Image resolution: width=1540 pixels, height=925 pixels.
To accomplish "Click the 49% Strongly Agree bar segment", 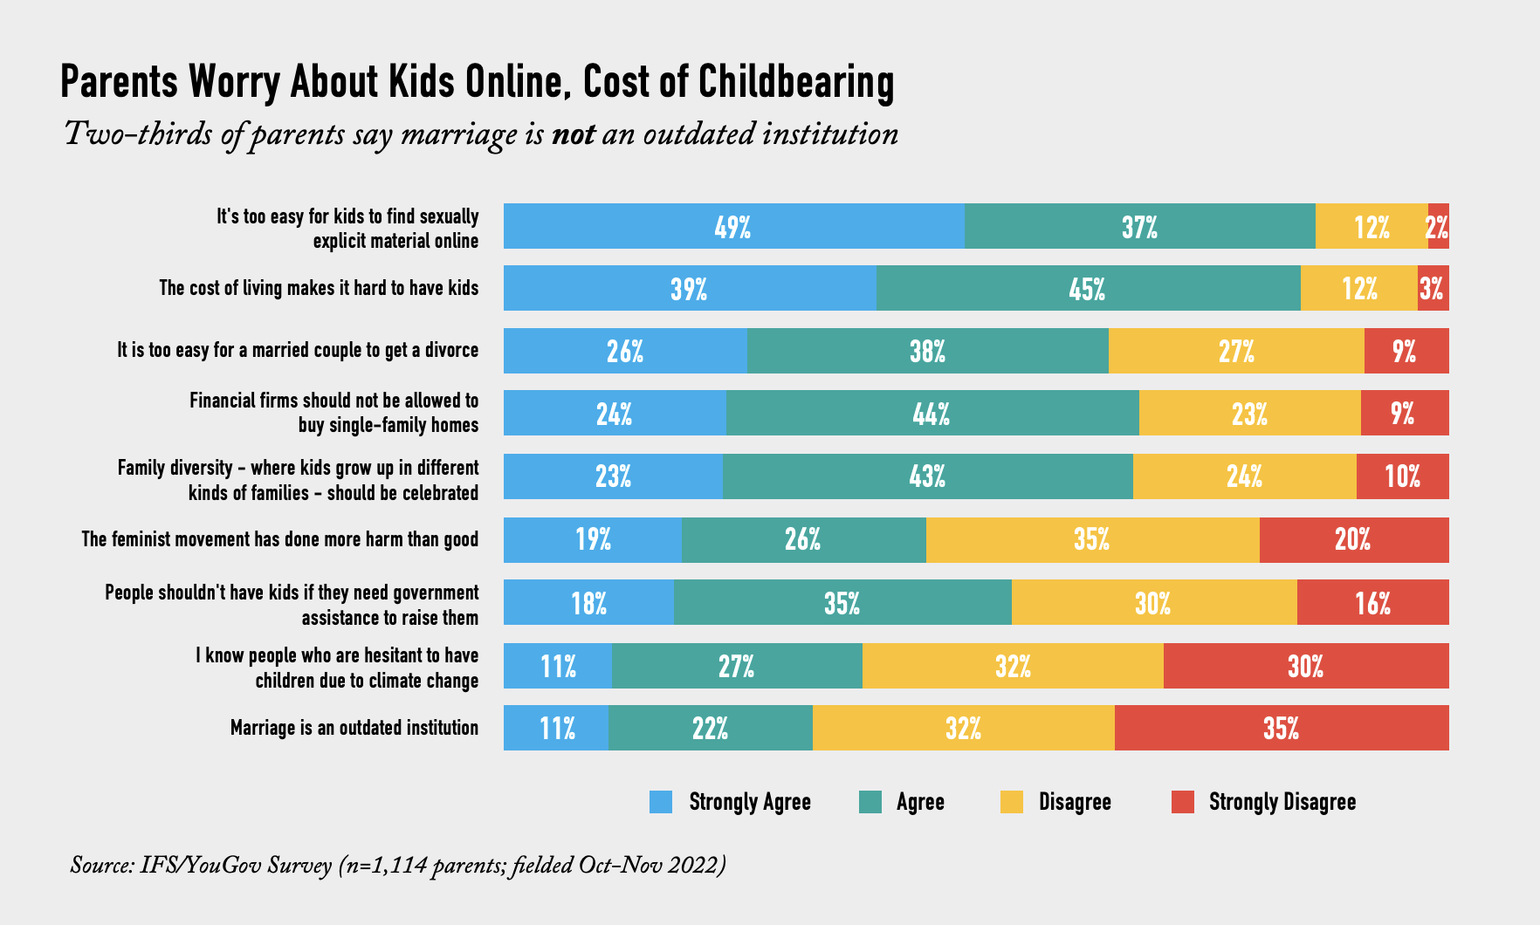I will pyautogui.click(x=733, y=227).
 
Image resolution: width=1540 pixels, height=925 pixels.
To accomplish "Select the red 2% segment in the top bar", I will pyautogui.click(x=1438, y=227).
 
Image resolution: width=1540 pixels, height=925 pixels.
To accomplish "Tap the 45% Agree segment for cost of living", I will pyautogui.click(x=1088, y=289).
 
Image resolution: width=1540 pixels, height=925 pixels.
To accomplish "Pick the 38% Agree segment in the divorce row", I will pyautogui.click(x=927, y=351).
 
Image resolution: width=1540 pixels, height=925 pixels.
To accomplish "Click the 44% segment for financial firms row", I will pyautogui.click(x=932, y=414).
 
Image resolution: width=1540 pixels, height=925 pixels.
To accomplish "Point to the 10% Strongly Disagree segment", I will pyautogui.click(x=1402, y=476).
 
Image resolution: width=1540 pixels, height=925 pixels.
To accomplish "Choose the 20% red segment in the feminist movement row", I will pyautogui.click(x=1353, y=539).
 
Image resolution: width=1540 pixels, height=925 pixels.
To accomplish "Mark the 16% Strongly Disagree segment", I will pyautogui.click(x=1372, y=602).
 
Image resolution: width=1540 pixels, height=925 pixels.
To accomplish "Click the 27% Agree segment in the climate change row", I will pyautogui.click(x=736, y=666).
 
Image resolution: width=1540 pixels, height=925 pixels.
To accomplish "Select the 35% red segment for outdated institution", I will pyautogui.click(x=1281, y=728).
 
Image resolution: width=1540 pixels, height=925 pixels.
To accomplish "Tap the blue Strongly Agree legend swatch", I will pyautogui.click(x=661, y=802).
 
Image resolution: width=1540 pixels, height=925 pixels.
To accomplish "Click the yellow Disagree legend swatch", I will pyautogui.click(x=1011, y=802).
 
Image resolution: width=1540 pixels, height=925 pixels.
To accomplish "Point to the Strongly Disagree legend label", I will pyautogui.click(x=1282, y=802).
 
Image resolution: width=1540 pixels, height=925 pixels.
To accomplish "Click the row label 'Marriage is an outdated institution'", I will pyautogui.click(x=354, y=728).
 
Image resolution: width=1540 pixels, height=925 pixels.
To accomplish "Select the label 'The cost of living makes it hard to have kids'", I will pyautogui.click(x=319, y=288).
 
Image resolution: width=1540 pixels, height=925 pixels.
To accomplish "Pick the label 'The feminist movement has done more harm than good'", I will pyautogui.click(x=279, y=539).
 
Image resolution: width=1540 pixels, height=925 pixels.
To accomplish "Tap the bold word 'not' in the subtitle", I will pyautogui.click(x=573, y=134).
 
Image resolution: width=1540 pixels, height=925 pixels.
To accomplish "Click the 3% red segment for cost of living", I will pyautogui.click(x=1432, y=289).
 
